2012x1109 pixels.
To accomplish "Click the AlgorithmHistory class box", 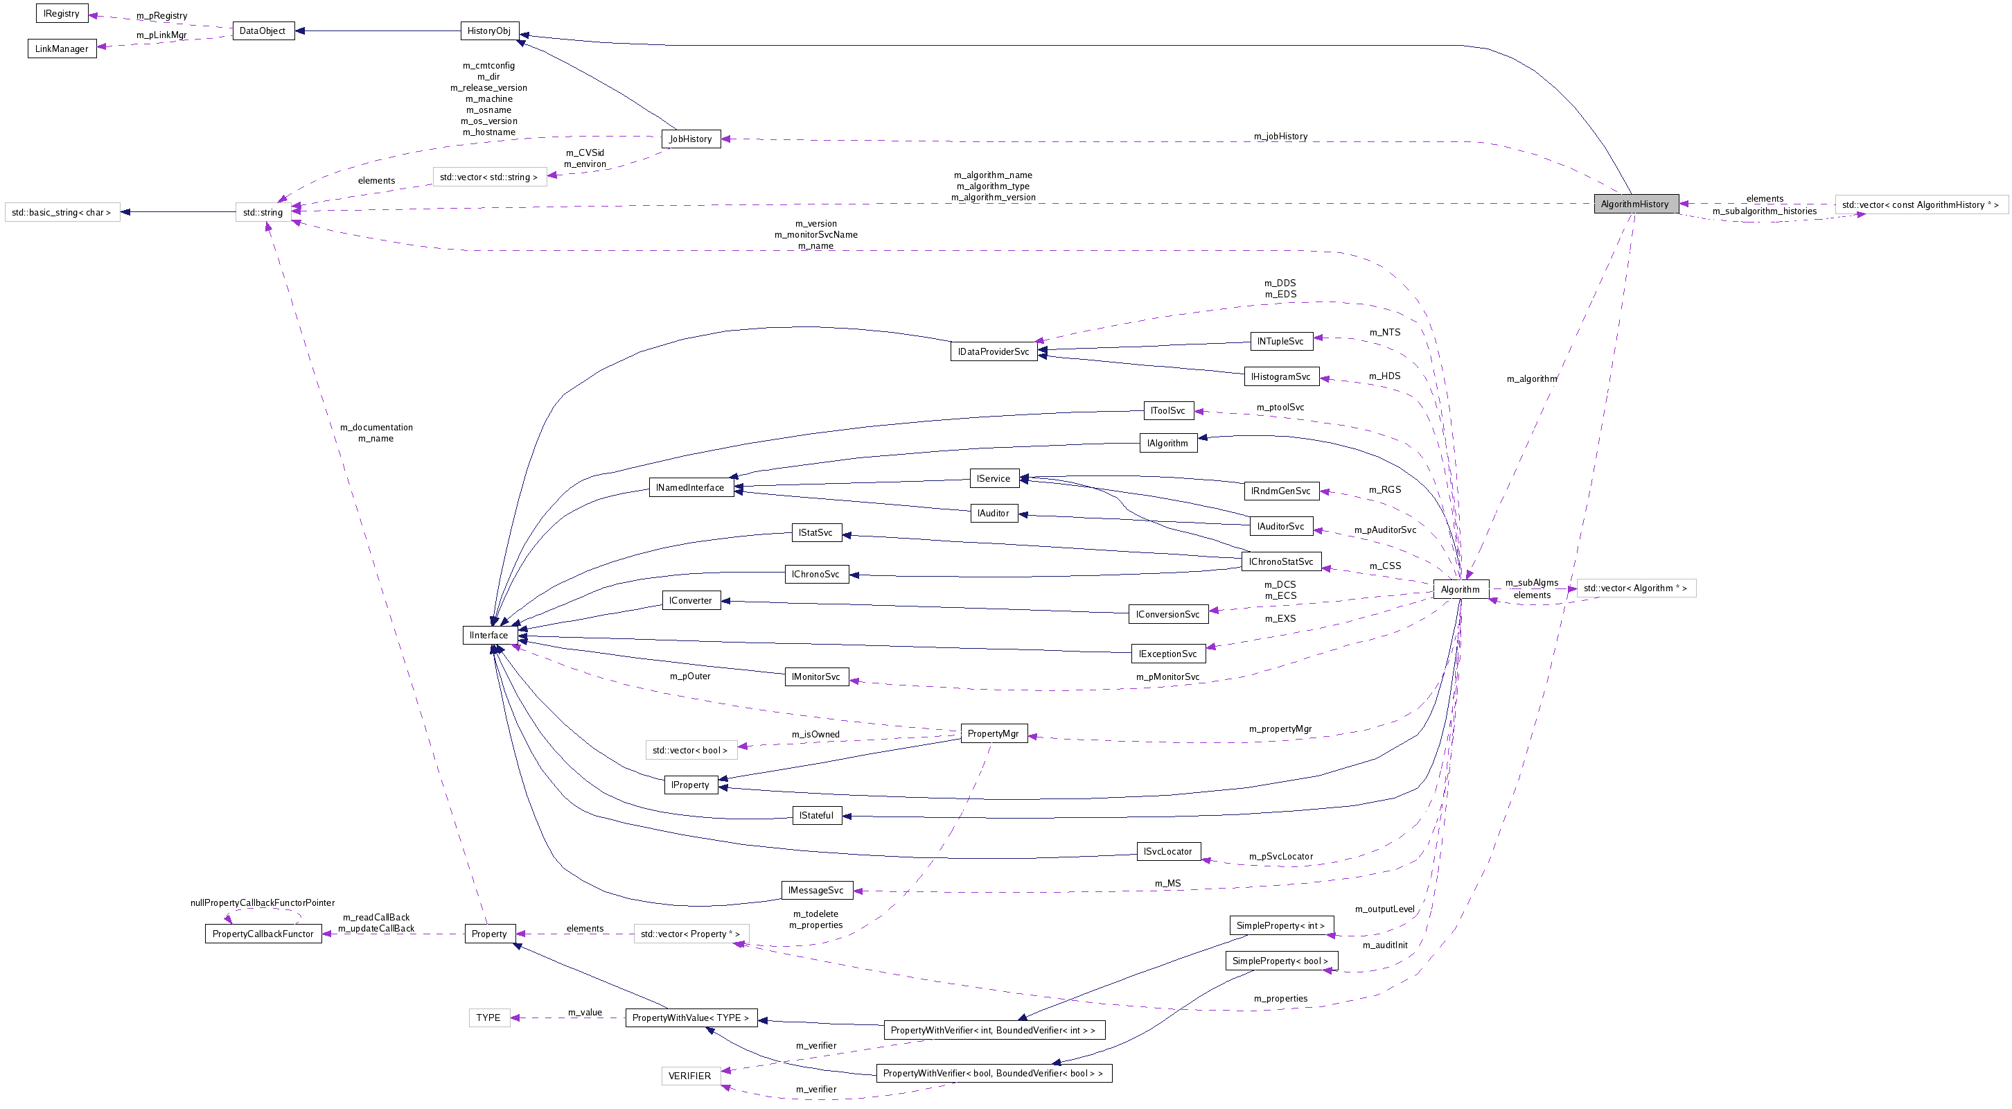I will (x=1636, y=204).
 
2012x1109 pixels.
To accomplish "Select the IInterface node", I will (x=489, y=636).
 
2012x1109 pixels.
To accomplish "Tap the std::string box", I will (x=263, y=213).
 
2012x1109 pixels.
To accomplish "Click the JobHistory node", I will (x=691, y=139).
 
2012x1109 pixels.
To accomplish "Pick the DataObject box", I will (x=263, y=31).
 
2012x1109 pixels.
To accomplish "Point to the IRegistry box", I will (x=62, y=13).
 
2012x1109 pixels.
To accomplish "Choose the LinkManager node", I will (x=62, y=49).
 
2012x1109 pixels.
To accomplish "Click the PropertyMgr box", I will (x=993, y=733).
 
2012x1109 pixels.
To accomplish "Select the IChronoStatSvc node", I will (x=1281, y=562).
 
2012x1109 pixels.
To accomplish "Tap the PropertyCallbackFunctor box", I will (x=263, y=934).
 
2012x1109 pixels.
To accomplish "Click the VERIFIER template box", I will (x=689, y=1076).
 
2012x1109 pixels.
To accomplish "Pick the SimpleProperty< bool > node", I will (x=1280, y=961).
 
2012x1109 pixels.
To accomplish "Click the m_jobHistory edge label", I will (x=1280, y=136).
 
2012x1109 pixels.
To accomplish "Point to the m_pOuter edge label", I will (x=689, y=676).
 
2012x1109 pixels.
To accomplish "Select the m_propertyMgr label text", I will (x=1280, y=728).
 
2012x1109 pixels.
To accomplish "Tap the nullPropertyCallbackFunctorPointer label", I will (x=263, y=902).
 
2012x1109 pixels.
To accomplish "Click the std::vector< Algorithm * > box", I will (x=1636, y=588).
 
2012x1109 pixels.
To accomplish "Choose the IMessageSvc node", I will (x=816, y=890).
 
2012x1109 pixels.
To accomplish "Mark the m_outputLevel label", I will (x=1385, y=909).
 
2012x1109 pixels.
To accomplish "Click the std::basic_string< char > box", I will (x=62, y=213).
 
